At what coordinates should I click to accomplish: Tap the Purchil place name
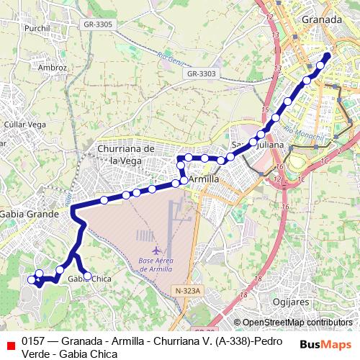tap(36, 28)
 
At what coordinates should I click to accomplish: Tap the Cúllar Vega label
tap(25, 125)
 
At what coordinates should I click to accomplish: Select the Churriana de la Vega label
tap(126, 154)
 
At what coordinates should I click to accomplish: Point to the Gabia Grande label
tap(29, 214)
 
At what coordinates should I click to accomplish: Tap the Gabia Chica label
tap(91, 279)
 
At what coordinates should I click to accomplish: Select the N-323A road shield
tap(190, 290)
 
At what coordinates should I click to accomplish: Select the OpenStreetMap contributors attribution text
tap(297, 323)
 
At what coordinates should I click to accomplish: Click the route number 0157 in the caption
tap(33, 341)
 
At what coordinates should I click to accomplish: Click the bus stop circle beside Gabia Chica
tap(87, 275)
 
